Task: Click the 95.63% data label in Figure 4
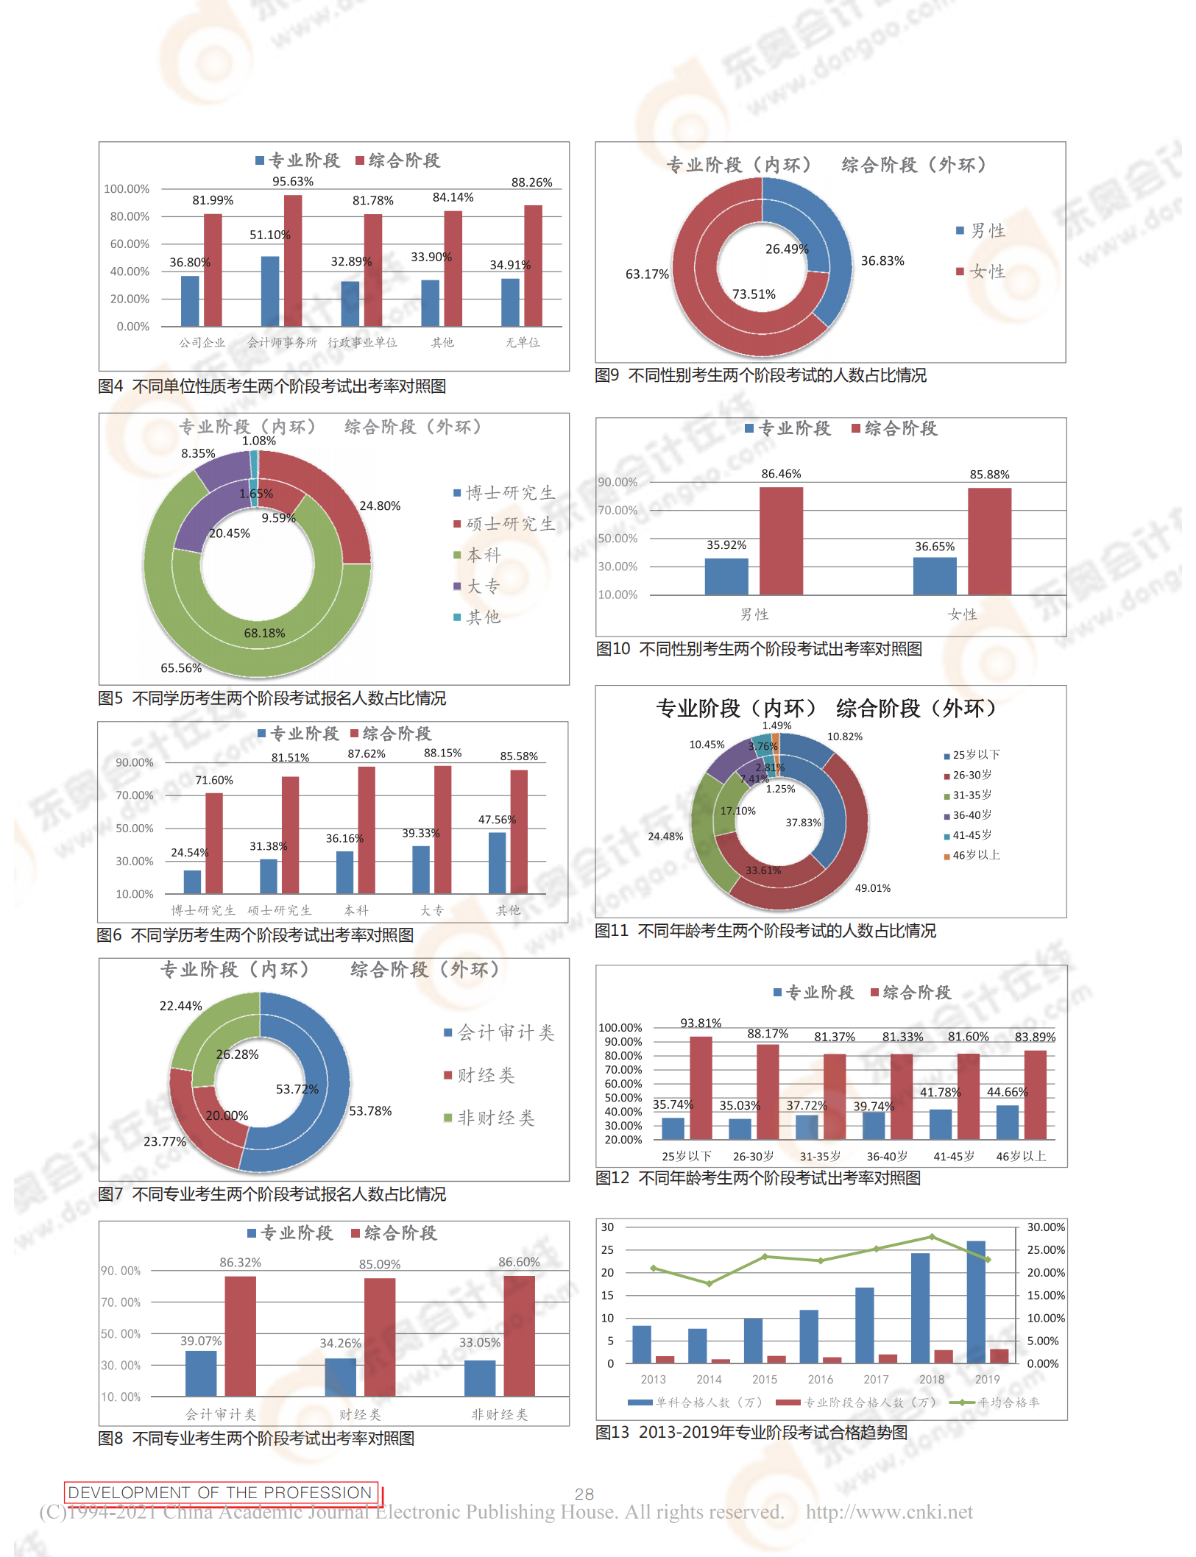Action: [293, 182]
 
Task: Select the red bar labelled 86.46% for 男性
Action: [781, 541]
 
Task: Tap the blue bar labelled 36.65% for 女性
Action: [935, 576]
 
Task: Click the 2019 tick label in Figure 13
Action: [987, 1380]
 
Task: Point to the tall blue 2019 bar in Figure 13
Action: [976, 1302]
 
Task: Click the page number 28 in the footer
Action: [584, 1494]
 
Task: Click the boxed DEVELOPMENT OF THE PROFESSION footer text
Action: [221, 1492]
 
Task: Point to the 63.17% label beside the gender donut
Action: [647, 274]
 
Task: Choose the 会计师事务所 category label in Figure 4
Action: [282, 343]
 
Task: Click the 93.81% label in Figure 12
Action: [701, 1023]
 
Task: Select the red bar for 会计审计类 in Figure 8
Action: [240, 1336]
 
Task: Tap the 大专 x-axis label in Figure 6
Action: [432, 911]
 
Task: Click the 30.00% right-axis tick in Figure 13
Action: [1046, 1227]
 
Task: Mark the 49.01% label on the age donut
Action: [872, 888]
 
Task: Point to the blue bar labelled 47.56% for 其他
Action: [498, 863]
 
